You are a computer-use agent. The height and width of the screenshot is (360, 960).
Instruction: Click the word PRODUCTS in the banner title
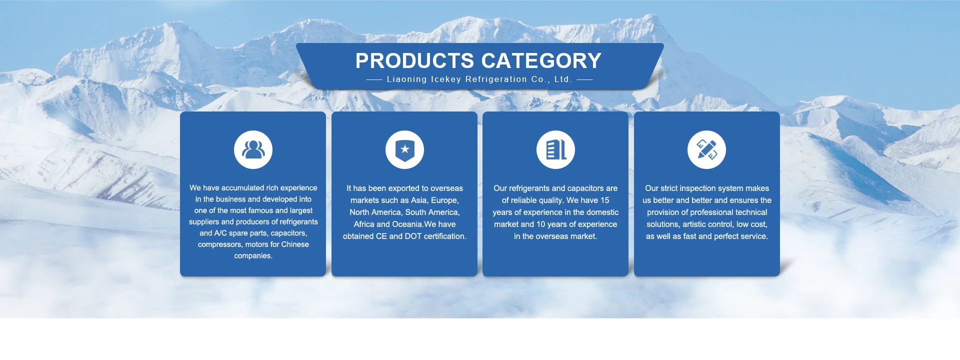tap(414, 61)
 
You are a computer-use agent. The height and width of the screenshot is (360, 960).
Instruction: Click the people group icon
tap(253, 149)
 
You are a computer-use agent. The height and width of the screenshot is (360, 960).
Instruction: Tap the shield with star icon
tap(404, 149)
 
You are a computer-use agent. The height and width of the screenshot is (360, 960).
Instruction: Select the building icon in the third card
tap(555, 149)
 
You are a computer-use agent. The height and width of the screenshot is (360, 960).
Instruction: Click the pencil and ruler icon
tap(706, 149)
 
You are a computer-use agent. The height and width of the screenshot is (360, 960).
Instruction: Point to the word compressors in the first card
tap(220, 244)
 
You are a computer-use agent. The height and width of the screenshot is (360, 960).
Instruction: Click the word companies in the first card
tap(253, 256)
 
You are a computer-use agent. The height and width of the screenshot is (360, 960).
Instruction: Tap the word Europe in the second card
tap(445, 200)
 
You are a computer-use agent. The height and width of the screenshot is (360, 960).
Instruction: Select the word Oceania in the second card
tap(407, 224)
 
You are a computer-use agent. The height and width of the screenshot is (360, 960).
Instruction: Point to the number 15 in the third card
tap(604, 200)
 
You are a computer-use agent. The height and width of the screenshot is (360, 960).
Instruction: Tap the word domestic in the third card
tap(601, 212)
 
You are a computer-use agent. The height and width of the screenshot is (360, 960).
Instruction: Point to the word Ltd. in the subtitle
tap(563, 79)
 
